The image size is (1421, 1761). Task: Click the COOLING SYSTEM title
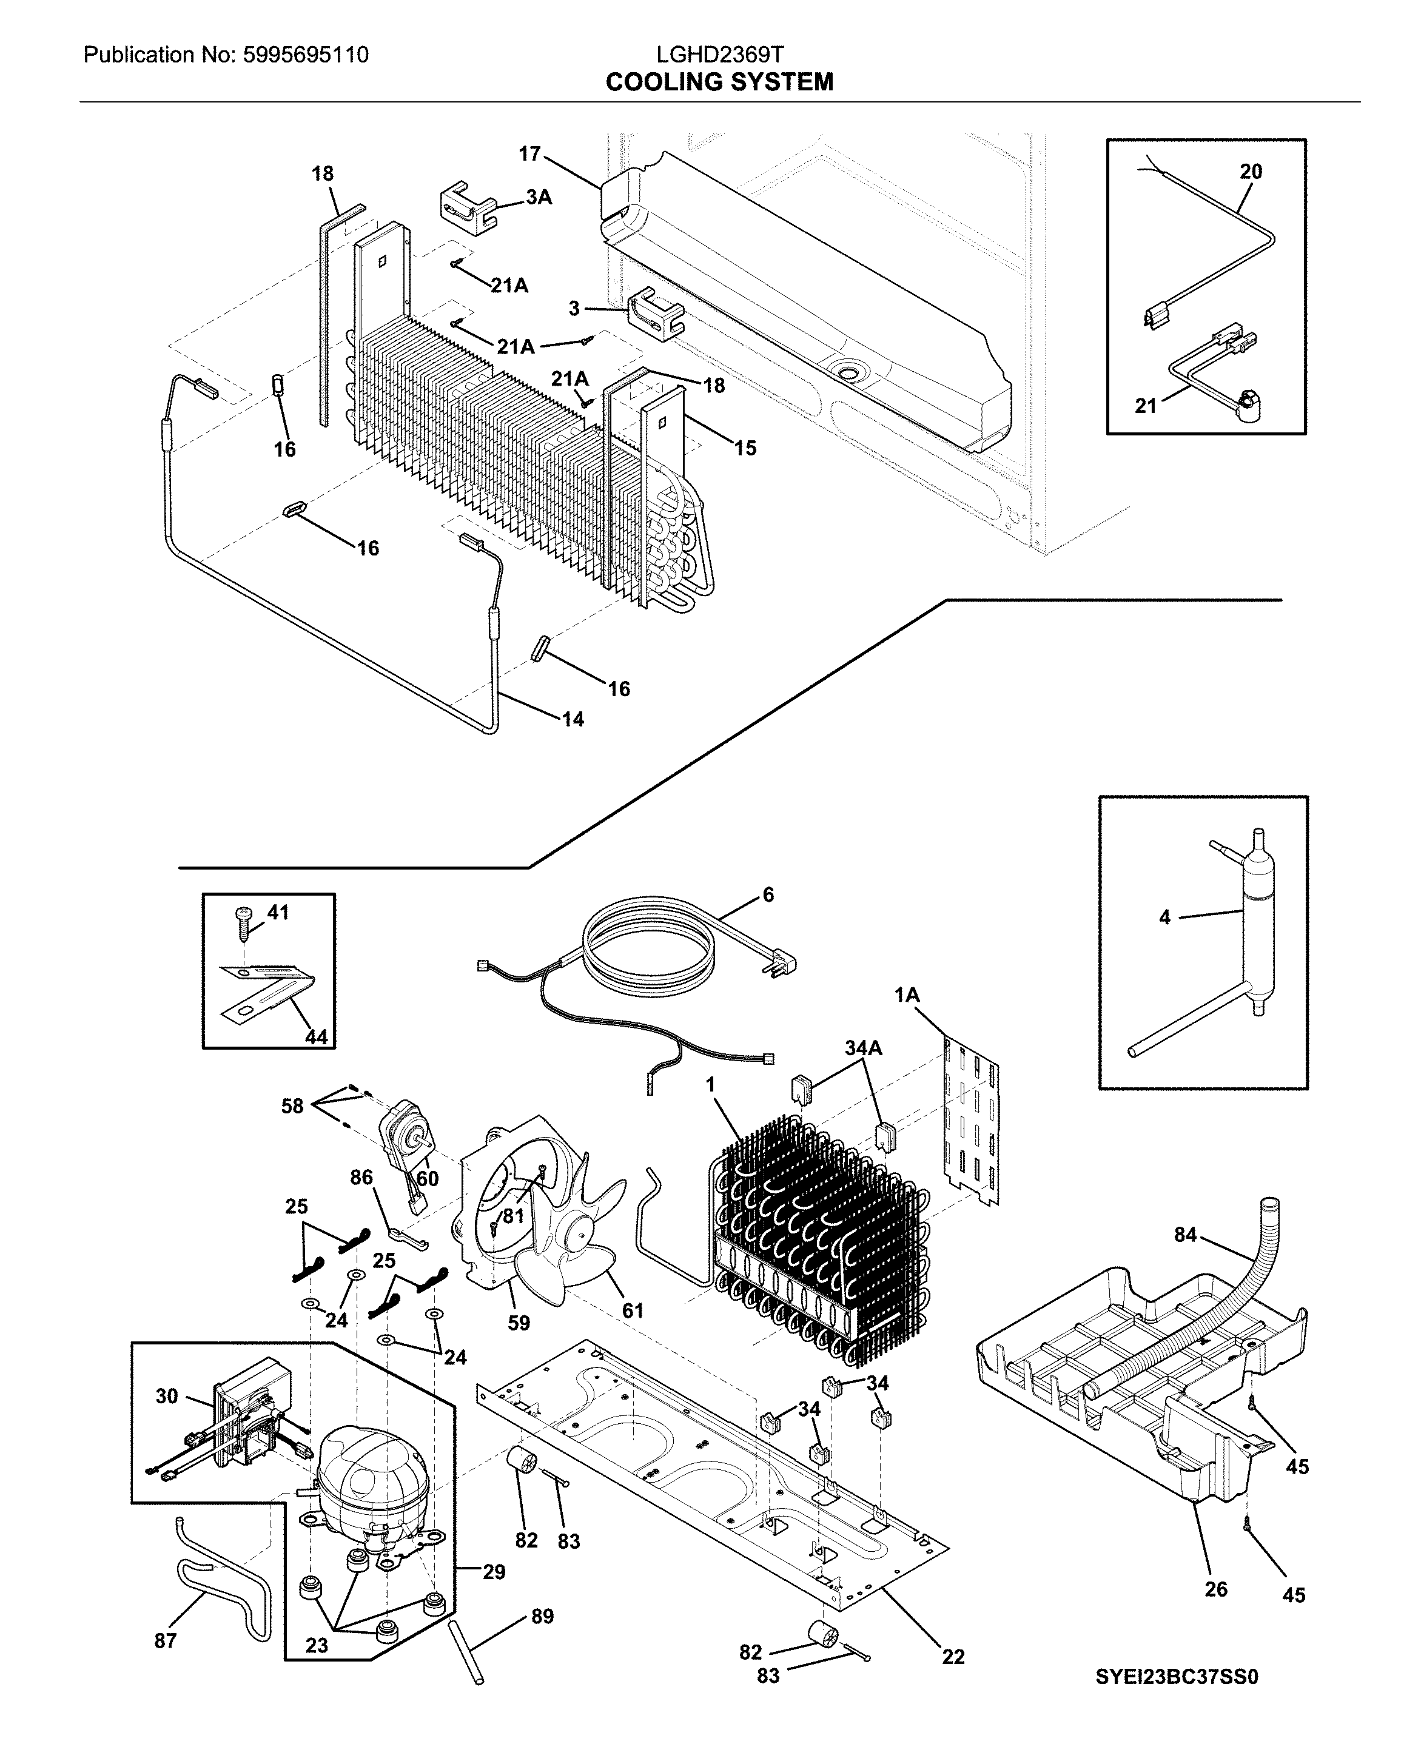point(719,82)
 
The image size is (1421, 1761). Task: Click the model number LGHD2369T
point(719,55)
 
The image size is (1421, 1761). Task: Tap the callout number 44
point(316,1037)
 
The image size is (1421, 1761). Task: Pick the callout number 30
point(166,1396)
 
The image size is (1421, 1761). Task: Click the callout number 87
point(166,1640)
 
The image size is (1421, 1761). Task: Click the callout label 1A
point(906,995)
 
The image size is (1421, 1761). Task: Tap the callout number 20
point(1250,171)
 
